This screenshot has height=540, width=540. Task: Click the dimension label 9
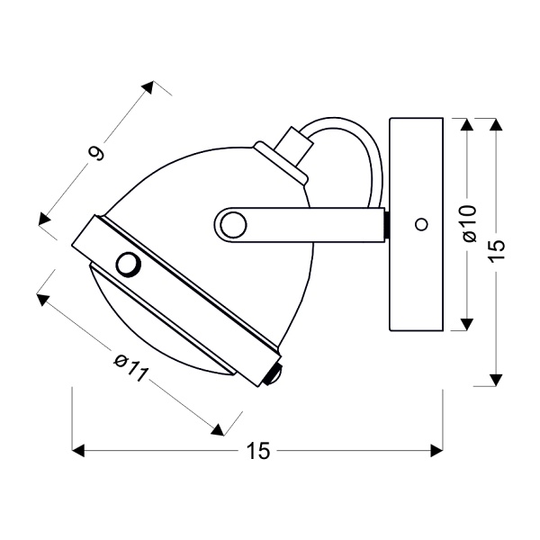(98, 154)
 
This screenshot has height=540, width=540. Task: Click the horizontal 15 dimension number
(258, 452)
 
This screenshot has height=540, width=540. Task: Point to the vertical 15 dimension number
(499, 247)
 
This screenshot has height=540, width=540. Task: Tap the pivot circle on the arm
(234, 222)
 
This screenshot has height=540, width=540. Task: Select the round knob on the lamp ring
(128, 264)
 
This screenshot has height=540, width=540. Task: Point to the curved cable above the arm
(351, 144)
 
